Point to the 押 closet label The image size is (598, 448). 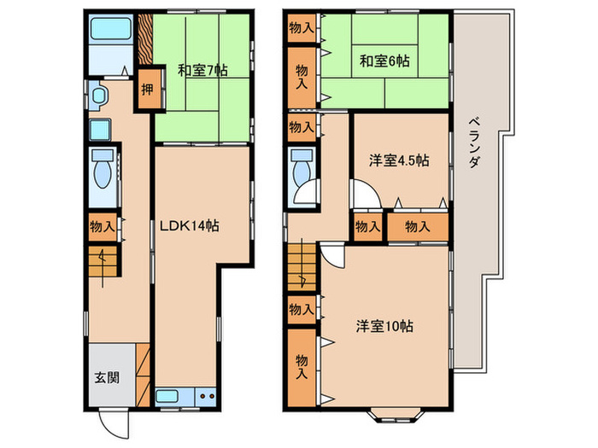tap(147, 89)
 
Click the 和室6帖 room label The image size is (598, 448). tap(384, 61)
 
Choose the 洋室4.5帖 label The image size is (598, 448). tap(399, 160)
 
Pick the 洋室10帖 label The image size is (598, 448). tap(385, 325)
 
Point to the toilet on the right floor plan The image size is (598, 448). tap(300, 168)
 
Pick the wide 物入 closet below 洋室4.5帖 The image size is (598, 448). tap(417, 226)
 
